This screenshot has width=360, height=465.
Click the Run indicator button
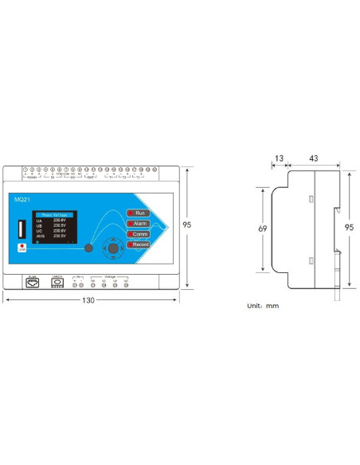click(137, 213)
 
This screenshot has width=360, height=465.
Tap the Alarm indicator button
click(137, 224)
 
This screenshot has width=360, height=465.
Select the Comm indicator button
click(137, 234)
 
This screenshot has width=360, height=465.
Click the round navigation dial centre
click(113, 248)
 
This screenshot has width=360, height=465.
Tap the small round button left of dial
click(88, 248)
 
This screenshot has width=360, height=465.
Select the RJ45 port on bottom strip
click(32, 283)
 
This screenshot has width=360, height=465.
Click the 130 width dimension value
click(88, 300)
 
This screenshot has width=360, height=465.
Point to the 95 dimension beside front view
click(186, 225)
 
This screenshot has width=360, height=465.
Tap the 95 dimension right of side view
click(348, 227)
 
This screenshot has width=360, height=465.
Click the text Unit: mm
click(263, 305)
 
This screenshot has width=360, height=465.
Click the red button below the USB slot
click(22, 248)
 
